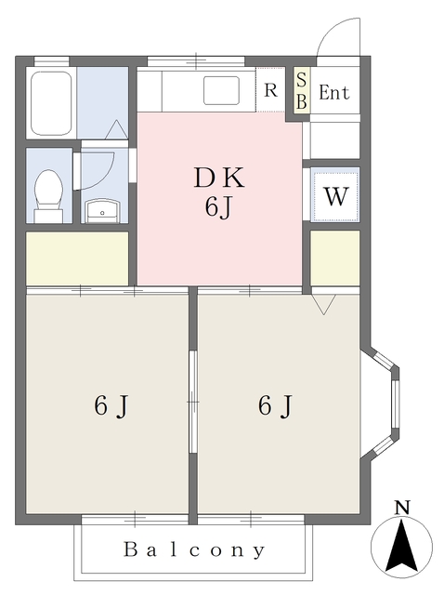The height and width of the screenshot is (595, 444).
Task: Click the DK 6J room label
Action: click(x=218, y=192)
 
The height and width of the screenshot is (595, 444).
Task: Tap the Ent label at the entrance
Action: click(x=333, y=92)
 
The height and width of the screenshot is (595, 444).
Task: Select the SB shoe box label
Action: click(x=300, y=91)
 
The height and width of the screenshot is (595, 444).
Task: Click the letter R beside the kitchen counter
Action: click(x=270, y=90)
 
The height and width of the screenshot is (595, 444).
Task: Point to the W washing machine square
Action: click(x=335, y=196)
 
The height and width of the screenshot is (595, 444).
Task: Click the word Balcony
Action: click(x=195, y=549)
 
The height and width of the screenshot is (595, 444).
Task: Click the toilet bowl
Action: click(x=48, y=192)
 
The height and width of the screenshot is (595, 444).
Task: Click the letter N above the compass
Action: click(x=402, y=508)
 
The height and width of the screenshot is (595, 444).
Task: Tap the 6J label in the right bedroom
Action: click(x=276, y=405)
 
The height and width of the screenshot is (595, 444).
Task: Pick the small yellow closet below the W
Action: click(x=334, y=258)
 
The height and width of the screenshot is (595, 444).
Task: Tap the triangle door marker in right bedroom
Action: click(x=323, y=304)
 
